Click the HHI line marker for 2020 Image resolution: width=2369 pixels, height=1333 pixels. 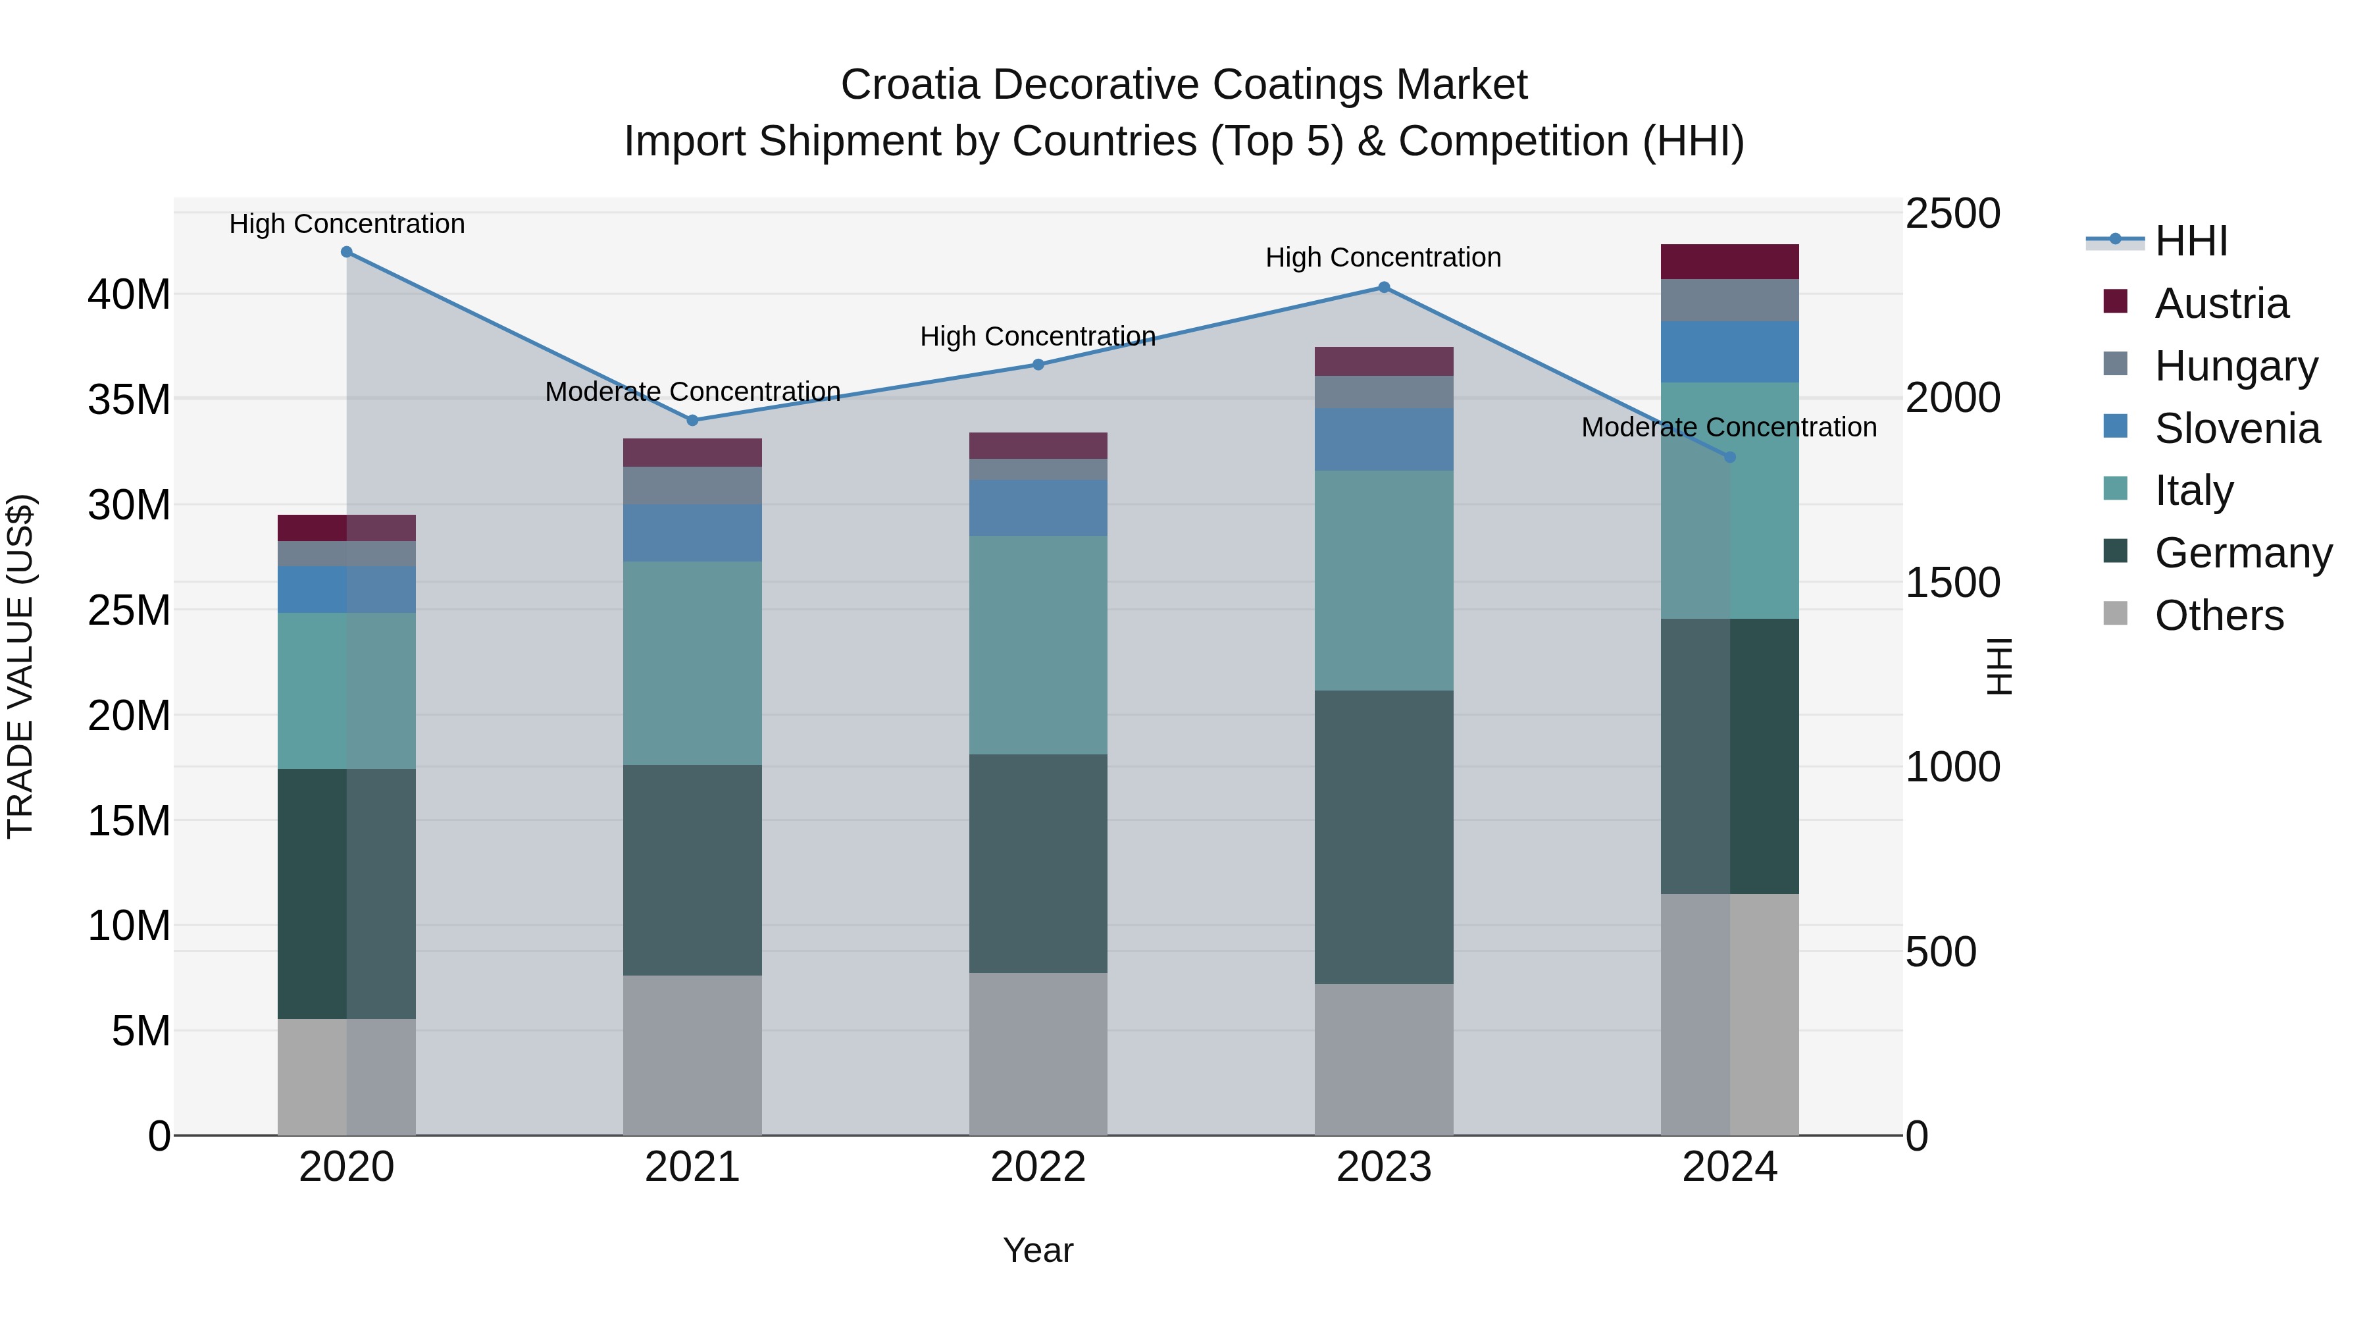coord(347,252)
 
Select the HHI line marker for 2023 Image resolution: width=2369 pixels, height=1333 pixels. coord(1384,287)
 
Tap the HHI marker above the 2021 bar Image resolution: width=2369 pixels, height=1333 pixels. coord(692,421)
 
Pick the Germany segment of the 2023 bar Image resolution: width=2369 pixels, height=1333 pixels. coord(1384,837)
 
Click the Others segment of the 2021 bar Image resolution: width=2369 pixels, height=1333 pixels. coord(692,1055)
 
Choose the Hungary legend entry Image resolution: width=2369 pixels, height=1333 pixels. coord(2235,366)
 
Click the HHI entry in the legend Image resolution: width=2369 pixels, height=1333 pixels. coord(2191,241)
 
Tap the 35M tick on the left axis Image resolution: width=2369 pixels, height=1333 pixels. coord(129,400)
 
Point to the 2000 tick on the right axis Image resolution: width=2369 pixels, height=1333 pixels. coord(1952,398)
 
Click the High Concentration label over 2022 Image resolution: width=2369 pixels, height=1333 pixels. coord(1037,336)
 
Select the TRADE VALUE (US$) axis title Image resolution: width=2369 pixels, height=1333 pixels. coord(20,666)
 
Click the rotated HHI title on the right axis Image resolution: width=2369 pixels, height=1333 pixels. coord(1999,666)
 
